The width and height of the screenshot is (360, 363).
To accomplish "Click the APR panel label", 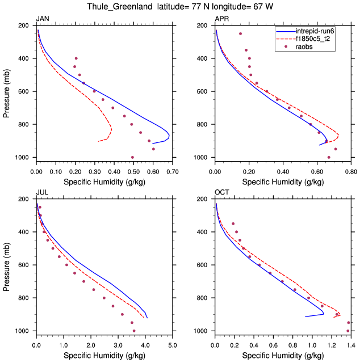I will [x=222, y=19].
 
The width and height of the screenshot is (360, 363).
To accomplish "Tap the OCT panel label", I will [x=221, y=193].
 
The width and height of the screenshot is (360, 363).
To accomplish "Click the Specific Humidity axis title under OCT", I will [x=283, y=355].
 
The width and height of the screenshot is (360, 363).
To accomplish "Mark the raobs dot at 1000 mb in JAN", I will [x=133, y=157].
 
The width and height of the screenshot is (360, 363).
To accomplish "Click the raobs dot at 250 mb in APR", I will [x=240, y=33].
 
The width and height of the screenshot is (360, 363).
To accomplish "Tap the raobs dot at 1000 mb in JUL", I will [x=134, y=331].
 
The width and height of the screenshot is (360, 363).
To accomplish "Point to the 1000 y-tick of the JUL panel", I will [x=24, y=331].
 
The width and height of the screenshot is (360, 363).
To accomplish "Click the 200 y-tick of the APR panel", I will [x=203, y=26].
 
